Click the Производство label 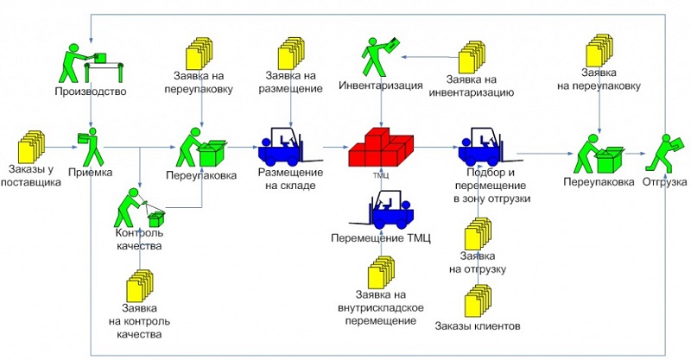(x=91, y=92)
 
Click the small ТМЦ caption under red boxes (x=381, y=173)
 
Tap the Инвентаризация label (x=381, y=85)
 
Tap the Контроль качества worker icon (x=138, y=208)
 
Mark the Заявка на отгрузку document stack (x=477, y=233)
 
